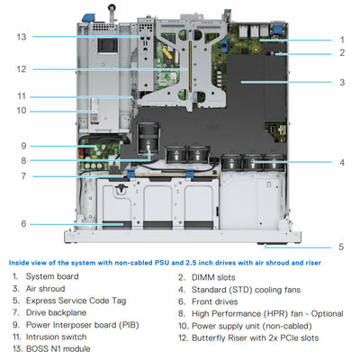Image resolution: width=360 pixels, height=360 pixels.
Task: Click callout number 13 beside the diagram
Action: click(22, 37)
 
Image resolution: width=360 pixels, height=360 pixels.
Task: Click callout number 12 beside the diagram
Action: click(22, 69)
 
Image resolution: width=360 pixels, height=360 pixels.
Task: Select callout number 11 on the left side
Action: click(22, 96)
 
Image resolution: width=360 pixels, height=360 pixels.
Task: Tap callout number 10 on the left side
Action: click(22, 111)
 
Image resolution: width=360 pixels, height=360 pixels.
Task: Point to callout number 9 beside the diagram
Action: click(23, 146)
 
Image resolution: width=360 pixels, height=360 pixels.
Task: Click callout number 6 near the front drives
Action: click(23, 223)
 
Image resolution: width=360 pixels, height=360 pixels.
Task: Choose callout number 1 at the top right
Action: click(342, 40)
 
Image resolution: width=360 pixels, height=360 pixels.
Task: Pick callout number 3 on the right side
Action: click(342, 82)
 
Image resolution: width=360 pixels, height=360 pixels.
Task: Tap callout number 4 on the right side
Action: click(342, 162)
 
